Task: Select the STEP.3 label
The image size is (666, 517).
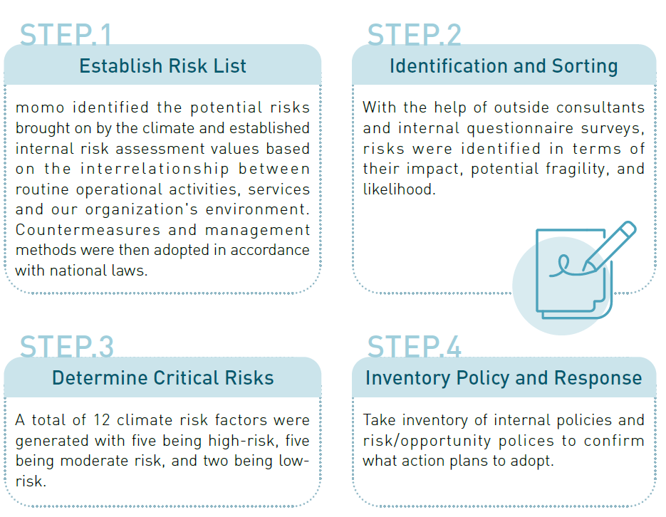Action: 66,347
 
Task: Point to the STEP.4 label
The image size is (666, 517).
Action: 414,347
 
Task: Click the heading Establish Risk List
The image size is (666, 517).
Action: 162,66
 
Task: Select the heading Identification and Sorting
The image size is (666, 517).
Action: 503,66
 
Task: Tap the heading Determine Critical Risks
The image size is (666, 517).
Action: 162,377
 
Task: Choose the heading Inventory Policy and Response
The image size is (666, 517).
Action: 503,377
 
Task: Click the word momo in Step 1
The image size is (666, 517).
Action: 33,108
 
